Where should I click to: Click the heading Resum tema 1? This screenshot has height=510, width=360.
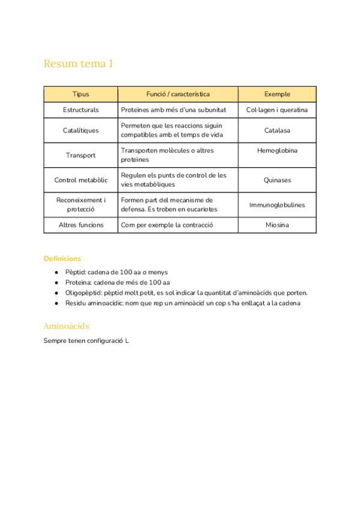(x=78, y=64)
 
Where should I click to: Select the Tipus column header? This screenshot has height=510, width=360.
(x=81, y=94)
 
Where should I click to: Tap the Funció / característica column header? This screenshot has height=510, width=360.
(x=178, y=94)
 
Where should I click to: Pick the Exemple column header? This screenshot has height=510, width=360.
(x=277, y=94)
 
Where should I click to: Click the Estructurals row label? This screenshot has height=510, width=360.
(x=81, y=110)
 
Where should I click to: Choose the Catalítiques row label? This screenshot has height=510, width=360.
(x=81, y=131)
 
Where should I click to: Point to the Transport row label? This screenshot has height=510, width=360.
(x=81, y=155)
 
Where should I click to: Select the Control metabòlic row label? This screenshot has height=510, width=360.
(x=81, y=180)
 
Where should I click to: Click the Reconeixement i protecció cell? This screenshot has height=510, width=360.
(x=81, y=204)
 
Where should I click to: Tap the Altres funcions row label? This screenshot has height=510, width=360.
(x=81, y=225)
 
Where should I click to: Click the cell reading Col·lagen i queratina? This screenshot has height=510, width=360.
(x=277, y=110)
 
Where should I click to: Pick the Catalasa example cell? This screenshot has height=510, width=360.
(x=277, y=131)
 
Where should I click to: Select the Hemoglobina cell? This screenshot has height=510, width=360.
(x=277, y=150)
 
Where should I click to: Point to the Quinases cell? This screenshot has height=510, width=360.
(x=277, y=180)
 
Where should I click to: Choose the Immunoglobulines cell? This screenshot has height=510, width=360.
(x=277, y=204)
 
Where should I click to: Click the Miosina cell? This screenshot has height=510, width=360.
(x=277, y=225)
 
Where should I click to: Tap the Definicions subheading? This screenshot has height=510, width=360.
(x=62, y=259)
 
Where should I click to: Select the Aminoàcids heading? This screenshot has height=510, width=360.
(x=66, y=326)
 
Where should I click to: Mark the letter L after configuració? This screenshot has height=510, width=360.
(x=127, y=341)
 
